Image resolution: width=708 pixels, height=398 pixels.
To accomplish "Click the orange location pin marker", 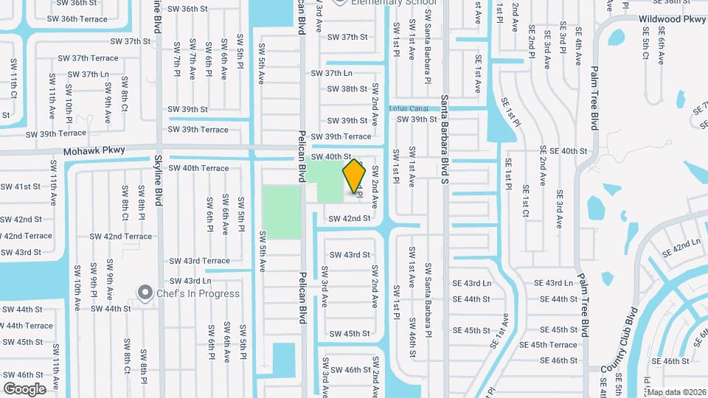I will [355, 175].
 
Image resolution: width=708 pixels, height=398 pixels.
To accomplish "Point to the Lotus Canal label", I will [409, 108].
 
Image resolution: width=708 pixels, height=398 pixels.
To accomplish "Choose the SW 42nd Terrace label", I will [121, 237].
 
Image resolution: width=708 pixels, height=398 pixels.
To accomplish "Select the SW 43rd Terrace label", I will [199, 261].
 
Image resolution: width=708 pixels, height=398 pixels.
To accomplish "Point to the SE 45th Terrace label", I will [549, 345].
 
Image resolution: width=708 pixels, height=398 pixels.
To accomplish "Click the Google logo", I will [24, 388].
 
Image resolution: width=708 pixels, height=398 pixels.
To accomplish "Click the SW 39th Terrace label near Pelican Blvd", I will [341, 136].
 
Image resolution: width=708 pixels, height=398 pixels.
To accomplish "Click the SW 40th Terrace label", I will [198, 168].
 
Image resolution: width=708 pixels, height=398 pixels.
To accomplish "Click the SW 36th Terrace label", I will [82, 19].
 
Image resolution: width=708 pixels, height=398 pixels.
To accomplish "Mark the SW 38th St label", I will [347, 88].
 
